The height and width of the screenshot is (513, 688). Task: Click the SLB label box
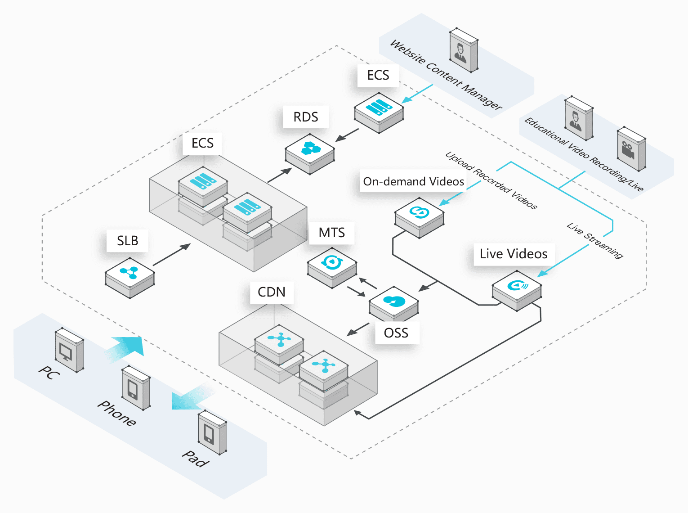[127, 241]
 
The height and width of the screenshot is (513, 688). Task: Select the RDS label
[306, 117]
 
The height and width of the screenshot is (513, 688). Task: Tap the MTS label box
[331, 233]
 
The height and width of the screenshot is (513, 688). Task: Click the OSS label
[396, 333]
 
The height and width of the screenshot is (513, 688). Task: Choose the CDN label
[272, 292]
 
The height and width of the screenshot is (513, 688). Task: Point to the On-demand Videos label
[414, 181]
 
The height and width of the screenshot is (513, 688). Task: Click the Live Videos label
[514, 254]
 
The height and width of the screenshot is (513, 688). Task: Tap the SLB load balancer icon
[130, 278]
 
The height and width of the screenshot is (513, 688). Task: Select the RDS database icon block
[309, 154]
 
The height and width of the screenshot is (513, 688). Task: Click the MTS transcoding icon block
[332, 268]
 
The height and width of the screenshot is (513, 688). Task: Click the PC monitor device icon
[69, 350]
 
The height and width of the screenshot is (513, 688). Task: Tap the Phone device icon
[136, 388]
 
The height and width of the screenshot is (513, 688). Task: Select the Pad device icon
[213, 432]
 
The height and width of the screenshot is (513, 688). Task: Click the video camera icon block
[631, 149]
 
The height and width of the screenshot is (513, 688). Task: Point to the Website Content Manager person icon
[464, 50]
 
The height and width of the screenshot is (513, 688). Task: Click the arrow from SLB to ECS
[171, 255]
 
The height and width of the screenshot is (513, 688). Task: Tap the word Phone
[116, 413]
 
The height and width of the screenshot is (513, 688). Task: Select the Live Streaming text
[595, 240]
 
